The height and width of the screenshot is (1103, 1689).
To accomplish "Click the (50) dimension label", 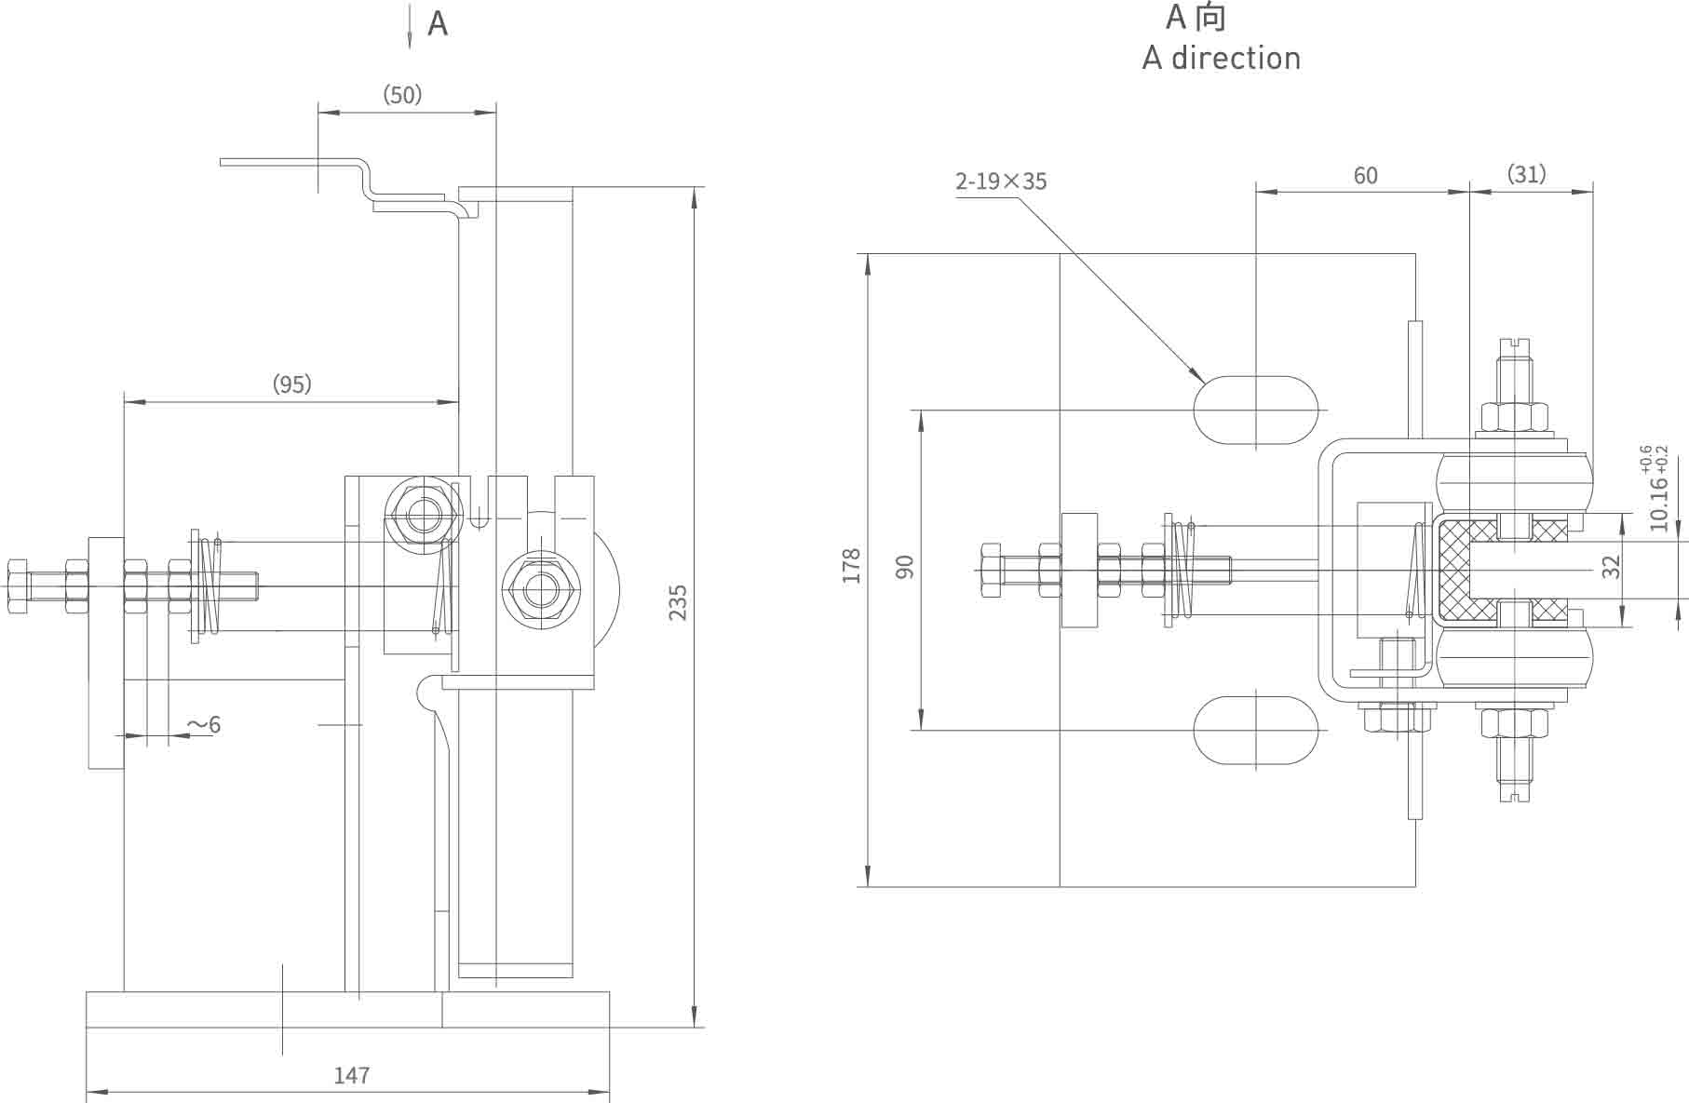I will (x=402, y=95).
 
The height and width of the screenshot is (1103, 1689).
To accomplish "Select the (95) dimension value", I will (x=291, y=383).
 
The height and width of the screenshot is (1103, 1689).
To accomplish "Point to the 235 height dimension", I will (x=678, y=602).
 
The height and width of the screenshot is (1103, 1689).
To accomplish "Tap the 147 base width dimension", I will (x=352, y=1076).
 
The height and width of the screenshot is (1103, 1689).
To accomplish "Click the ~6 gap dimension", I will (x=204, y=724).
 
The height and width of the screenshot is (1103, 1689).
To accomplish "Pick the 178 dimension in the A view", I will (x=851, y=566).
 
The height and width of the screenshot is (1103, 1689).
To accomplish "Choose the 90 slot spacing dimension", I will (x=904, y=566).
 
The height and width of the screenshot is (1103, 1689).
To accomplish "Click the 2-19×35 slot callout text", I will (x=1001, y=181).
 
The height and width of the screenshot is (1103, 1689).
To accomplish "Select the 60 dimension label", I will (x=1365, y=175).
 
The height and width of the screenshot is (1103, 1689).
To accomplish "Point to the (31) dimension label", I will (x=1526, y=174).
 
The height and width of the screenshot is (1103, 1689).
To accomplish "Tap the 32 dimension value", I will (x=1611, y=566).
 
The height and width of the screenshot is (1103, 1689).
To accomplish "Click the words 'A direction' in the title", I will (x=1221, y=59).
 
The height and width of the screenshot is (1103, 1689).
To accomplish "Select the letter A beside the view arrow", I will (x=438, y=24).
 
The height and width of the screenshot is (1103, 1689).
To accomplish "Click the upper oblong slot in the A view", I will (x=1256, y=410).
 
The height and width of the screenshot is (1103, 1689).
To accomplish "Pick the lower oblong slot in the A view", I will (x=1256, y=730).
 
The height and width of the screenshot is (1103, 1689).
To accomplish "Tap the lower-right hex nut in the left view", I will (x=540, y=589).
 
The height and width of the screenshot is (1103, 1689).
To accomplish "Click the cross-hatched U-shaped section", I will (x=1458, y=571).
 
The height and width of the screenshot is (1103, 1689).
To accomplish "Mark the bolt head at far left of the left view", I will (x=18, y=586).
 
